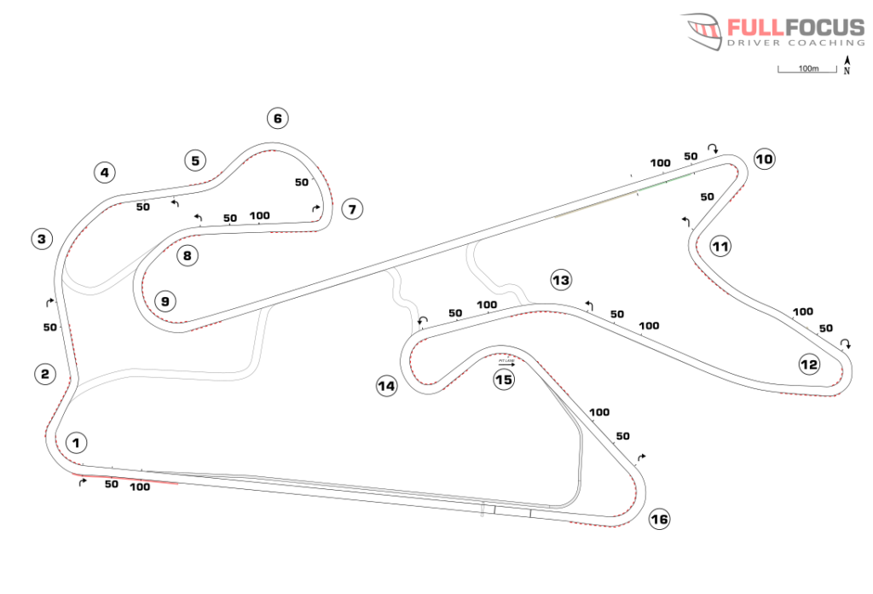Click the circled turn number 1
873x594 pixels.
(76, 443)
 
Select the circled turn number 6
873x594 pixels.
(276, 118)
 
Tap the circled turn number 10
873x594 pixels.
(763, 159)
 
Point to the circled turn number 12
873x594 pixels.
(808, 365)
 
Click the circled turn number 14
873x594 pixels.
(386, 387)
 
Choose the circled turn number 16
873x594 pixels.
(659, 519)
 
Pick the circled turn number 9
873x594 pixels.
(165, 300)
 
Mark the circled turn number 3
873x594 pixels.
(42, 239)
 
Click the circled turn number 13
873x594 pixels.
(560, 279)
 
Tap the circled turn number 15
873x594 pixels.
(504, 380)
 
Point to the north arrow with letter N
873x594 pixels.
(847, 65)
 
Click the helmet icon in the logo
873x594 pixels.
(704, 31)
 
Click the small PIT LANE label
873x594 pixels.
(506, 361)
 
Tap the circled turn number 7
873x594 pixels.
(351, 208)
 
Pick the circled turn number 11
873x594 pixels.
(720, 247)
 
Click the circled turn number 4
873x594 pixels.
(104, 173)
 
